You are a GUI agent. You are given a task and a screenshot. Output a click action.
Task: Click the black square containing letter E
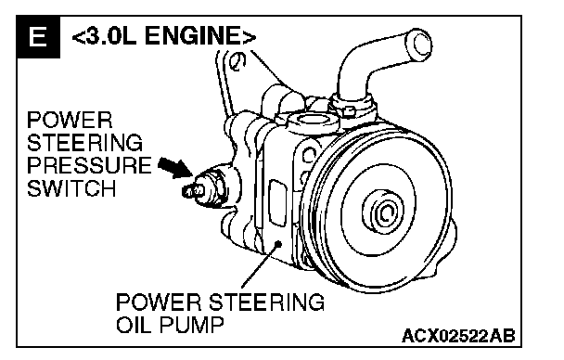38,37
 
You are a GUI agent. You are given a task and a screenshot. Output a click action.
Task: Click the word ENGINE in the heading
197,36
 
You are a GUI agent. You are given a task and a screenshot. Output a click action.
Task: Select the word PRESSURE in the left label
89,165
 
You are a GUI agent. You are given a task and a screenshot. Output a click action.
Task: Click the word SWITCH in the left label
71,188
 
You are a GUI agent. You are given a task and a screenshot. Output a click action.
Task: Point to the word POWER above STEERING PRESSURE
70,120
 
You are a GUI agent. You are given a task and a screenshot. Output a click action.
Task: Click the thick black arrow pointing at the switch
175,167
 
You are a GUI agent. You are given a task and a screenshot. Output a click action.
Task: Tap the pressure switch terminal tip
186,191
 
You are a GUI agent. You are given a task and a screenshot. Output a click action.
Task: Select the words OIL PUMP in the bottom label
170,325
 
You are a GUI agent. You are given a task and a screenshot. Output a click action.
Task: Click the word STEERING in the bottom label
266,302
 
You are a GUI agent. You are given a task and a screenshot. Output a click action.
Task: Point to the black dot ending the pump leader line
277,244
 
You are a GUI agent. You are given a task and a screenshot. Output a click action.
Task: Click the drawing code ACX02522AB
458,336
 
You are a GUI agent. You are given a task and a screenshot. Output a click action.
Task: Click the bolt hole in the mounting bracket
237,61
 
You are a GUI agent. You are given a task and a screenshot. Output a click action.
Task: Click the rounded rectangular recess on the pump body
277,203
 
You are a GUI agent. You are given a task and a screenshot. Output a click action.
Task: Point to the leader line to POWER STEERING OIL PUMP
260,265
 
